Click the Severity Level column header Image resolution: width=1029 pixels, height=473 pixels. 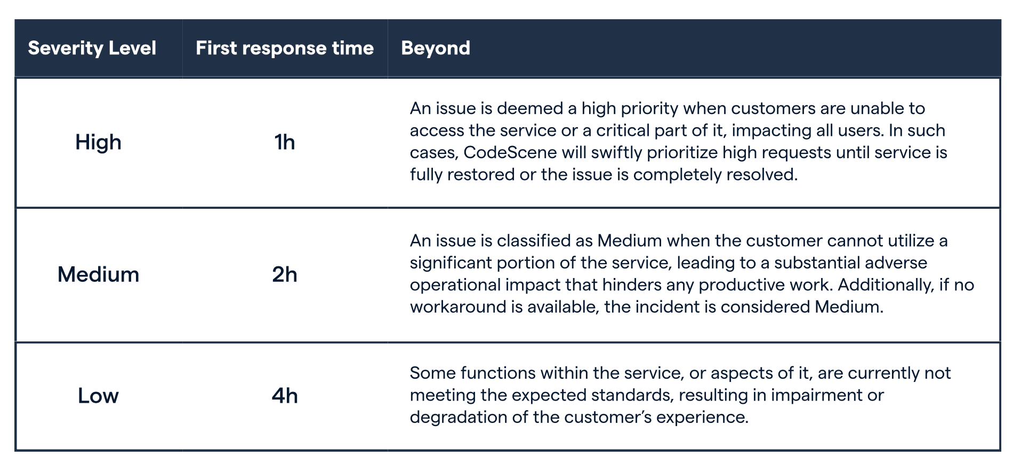pyautogui.click(x=92, y=48)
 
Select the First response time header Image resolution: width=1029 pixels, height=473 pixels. pyautogui.click(x=285, y=48)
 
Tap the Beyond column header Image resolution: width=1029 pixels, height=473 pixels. pyautogui.click(x=436, y=48)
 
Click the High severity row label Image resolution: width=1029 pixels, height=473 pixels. pyautogui.click(x=99, y=142)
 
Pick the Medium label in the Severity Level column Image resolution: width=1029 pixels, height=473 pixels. pyautogui.click(x=99, y=274)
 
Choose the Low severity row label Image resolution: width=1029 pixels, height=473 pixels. pyautogui.click(x=98, y=395)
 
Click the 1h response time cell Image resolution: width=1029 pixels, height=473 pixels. pyautogui.click(x=285, y=142)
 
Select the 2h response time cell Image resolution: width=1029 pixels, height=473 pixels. pyautogui.click(x=285, y=274)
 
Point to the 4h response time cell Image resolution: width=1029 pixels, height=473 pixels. pyautogui.click(x=285, y=395)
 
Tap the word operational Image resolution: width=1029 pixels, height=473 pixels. pyautogui.click(x=455, y=285)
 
